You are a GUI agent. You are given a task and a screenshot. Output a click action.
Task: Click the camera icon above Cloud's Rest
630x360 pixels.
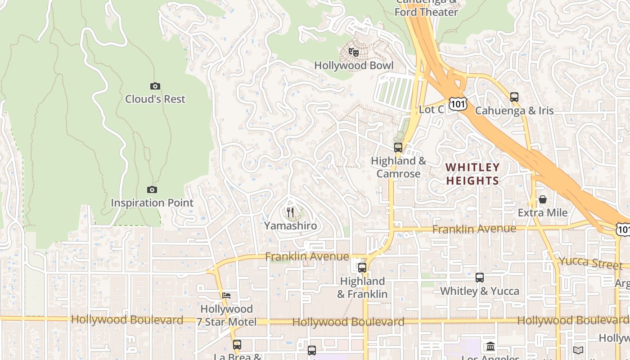click(155, 86)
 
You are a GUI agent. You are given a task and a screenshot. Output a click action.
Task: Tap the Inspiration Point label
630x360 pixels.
click(152, 203)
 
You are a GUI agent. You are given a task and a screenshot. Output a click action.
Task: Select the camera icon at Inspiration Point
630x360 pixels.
click(152, 190)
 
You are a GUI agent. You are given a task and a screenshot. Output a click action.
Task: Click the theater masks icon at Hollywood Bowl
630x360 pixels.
click(354, 52)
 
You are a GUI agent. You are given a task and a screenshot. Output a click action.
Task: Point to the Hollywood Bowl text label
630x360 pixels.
click(354, 66)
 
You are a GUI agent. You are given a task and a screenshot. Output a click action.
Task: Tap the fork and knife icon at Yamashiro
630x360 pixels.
click(290, 212)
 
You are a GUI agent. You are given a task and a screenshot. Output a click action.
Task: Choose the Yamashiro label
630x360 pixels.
click(290, 226)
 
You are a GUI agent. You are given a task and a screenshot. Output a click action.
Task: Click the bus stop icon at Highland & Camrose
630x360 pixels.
click(398, 147)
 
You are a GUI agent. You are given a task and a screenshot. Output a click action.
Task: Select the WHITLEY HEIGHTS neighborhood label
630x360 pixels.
click(472, 174)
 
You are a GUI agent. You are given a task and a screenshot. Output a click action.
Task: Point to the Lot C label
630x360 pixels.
click(431, 110)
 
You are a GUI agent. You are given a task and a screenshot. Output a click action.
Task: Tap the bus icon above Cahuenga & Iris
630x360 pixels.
click(514, 97)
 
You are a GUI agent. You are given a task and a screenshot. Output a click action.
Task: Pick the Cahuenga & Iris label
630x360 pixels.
click(514, 110)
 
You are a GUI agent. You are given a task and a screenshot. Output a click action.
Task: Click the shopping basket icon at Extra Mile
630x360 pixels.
click(543, 199)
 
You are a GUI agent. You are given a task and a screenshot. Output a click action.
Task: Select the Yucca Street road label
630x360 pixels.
click(590, 263)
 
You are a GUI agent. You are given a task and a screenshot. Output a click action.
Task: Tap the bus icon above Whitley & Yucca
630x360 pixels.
click(480, 278)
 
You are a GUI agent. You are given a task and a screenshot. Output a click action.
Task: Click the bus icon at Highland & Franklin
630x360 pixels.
click(362, 268)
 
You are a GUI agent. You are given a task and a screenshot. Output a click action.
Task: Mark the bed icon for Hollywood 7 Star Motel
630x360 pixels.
click(226, 296)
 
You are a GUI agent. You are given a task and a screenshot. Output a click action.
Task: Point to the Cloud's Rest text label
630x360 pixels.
click(155, 99)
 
